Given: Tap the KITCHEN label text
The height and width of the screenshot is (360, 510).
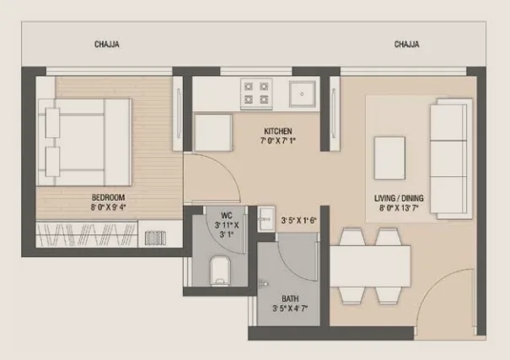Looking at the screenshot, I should coord(277,132).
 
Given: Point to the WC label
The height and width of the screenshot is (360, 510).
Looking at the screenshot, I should coord(225,215).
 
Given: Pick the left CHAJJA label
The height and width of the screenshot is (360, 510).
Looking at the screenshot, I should coord(106,45).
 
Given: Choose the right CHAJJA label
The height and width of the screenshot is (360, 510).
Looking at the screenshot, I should coord(406,45).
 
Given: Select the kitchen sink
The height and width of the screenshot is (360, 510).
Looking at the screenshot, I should coord(301,94).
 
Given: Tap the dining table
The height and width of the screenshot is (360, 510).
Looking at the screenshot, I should coord(370,268).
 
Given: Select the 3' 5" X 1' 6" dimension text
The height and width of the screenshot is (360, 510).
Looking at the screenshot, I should coord(298,222).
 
